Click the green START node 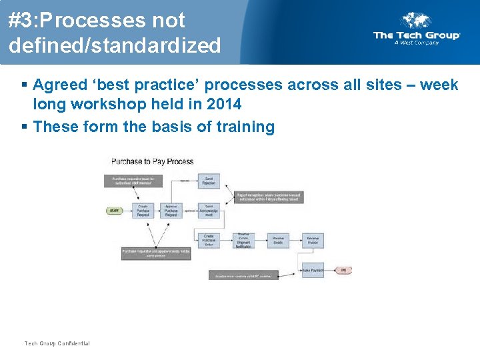click(x=115, y=211)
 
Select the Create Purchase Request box click(x=143, y=211)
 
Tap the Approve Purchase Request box click(x=171, y=211)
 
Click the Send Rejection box click(x=209, y=181)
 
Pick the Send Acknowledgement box click(x=209, y=211)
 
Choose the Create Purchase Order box click(x=209, y=240)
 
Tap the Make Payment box click(x=313, y=270)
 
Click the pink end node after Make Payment click(x=343, y=270)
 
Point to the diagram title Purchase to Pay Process click(x=152, y=161)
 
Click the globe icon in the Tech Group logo click(x=415, y=21)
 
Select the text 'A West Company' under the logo click(x=416, y=43)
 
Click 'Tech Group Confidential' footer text click(x=57, y=343)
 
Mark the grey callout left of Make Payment click(x=243, y=275)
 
